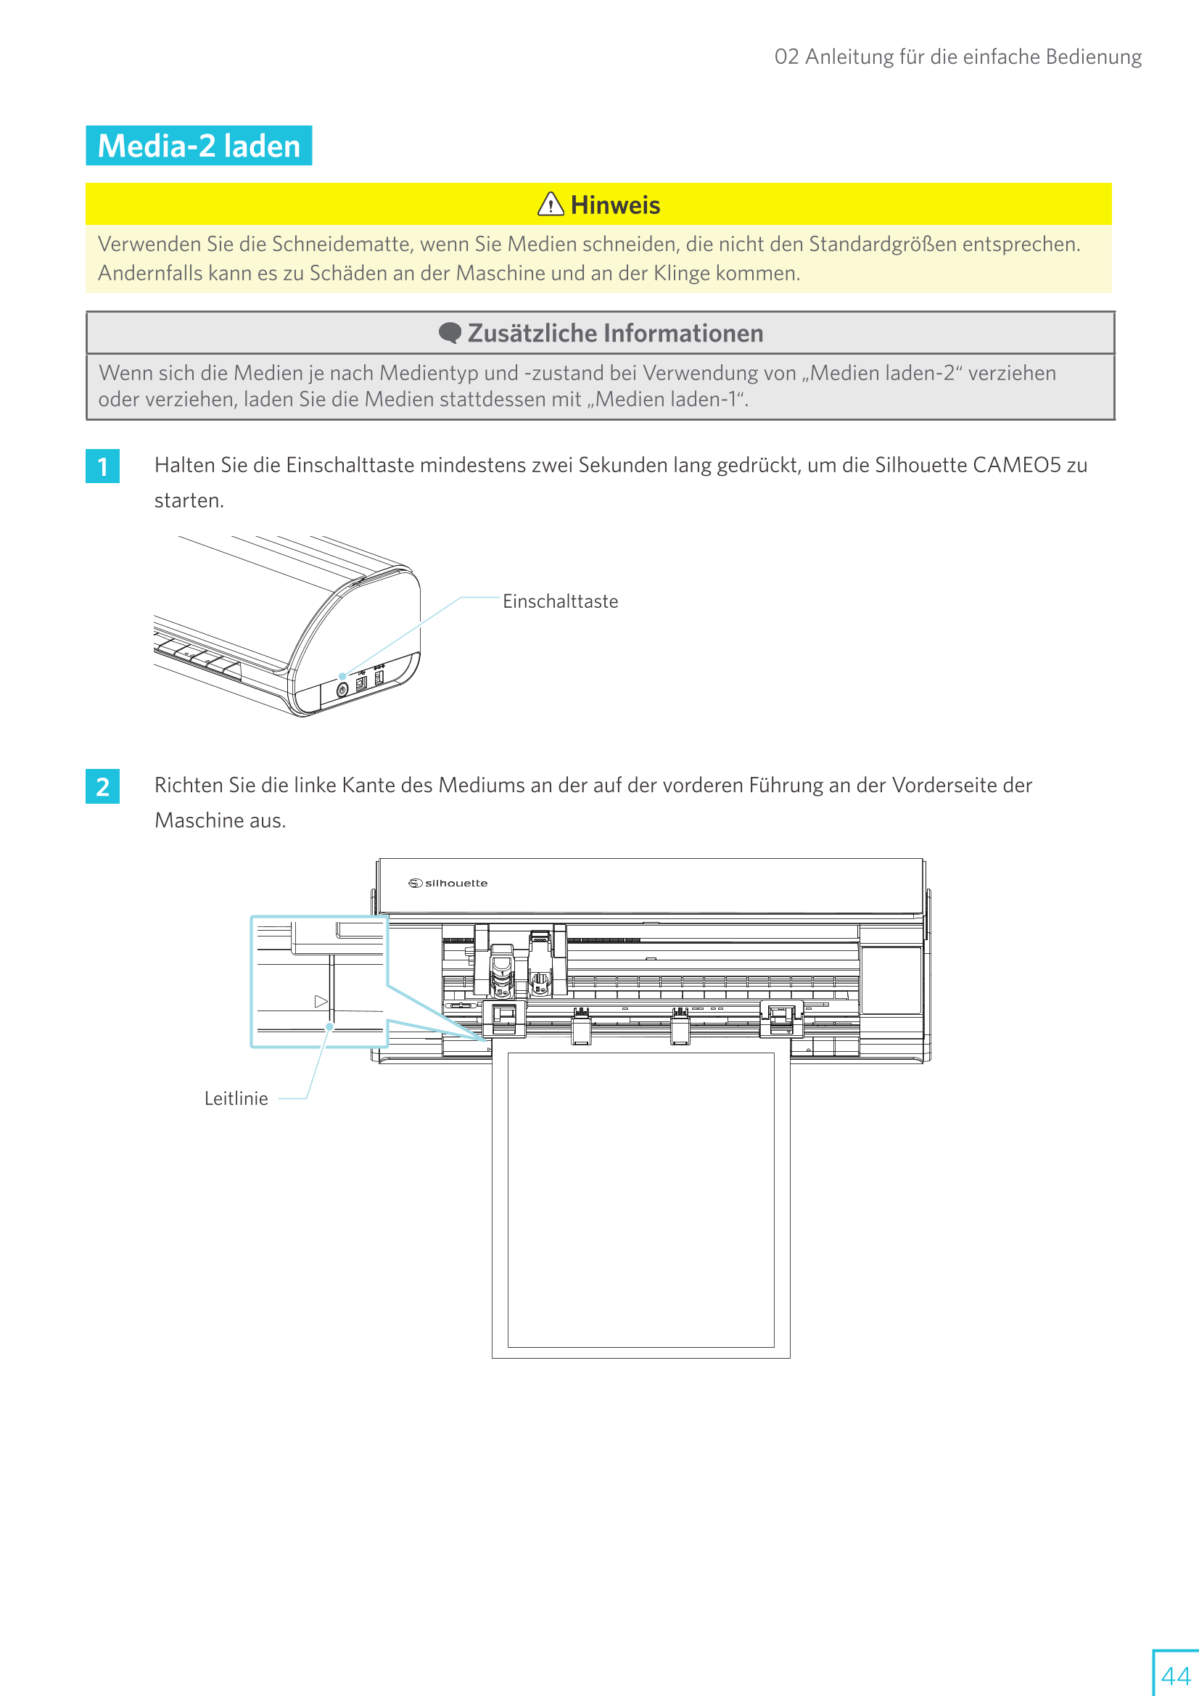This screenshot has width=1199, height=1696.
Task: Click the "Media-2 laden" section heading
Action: click(x=199, y=146)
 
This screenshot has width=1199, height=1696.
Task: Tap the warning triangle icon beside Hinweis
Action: click(x=551, y=204)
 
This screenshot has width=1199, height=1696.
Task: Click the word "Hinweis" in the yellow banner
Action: click(x=615, y=205)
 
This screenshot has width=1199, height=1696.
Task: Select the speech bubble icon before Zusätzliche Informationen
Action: click(x=449, y=333)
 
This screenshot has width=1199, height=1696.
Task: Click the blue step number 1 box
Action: click(x=103, y=466)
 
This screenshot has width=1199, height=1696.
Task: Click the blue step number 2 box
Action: click(x=103, y=786)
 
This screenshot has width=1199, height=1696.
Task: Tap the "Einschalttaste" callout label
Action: click(x=560, y=601)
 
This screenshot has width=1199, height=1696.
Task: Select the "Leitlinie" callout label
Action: click(x=236, y=1098)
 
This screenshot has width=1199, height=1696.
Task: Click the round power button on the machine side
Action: click(x=342, y=689)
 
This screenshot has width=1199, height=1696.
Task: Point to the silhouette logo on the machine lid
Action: click(x=448, y=883)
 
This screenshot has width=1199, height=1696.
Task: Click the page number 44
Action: click(x=1174, y=1675)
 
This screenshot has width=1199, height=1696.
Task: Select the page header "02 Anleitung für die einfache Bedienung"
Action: click(x=957, y=57)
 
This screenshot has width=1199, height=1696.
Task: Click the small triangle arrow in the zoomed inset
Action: click(x=321, y=1002)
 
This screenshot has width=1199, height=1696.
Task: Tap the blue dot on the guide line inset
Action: click(x=330, y=1026)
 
